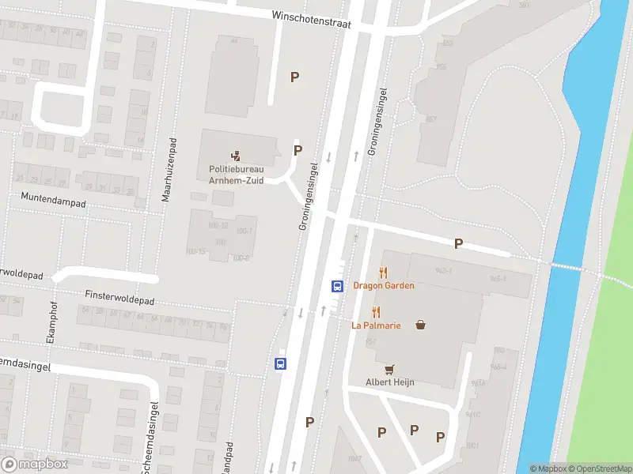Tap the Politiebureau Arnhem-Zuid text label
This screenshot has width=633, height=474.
(x=237, y=173)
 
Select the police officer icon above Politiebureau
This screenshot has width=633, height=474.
(x=236, y=155)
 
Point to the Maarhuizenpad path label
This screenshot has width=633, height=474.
(x=167, y=171)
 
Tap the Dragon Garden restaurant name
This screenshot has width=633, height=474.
(x=384, y=285)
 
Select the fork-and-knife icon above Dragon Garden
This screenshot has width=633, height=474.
(x=384, y=272)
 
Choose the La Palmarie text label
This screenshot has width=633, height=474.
(x=376, y=325)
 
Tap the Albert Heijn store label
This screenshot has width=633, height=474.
(x=389, y=382)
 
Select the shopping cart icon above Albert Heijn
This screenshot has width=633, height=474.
(x=389, y=369)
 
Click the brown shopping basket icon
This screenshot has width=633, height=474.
(x=421, y=324)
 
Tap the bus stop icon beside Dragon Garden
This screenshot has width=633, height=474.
(x=336, y=286)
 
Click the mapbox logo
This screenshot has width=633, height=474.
(x=35, y=465)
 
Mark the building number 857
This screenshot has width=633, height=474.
(x=431, y=119)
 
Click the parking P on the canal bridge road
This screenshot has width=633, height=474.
(x=458, y=244)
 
